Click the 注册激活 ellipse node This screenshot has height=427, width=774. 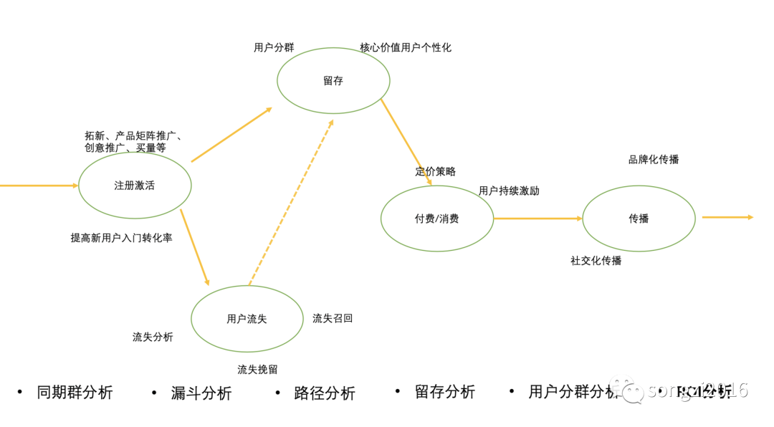135,186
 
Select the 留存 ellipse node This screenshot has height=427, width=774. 333,81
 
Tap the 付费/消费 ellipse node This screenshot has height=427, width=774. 436,219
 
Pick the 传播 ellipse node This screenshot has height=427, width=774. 639,219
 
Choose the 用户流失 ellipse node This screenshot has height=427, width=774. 247,319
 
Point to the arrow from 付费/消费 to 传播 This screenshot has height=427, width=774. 537,219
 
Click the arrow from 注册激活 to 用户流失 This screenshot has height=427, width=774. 194,247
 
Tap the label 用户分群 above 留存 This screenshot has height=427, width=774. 274,48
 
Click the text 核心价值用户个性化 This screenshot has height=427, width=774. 406,48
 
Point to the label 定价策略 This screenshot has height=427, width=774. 435,171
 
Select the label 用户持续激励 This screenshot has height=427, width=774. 509,191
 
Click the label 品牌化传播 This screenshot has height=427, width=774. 654,160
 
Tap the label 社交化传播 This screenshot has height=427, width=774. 596,261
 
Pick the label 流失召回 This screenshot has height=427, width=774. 333,318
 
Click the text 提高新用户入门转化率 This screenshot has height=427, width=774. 121,238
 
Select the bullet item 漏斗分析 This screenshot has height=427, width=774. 201,393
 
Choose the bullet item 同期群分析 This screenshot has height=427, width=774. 75,393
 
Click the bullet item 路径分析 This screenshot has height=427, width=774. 324,393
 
